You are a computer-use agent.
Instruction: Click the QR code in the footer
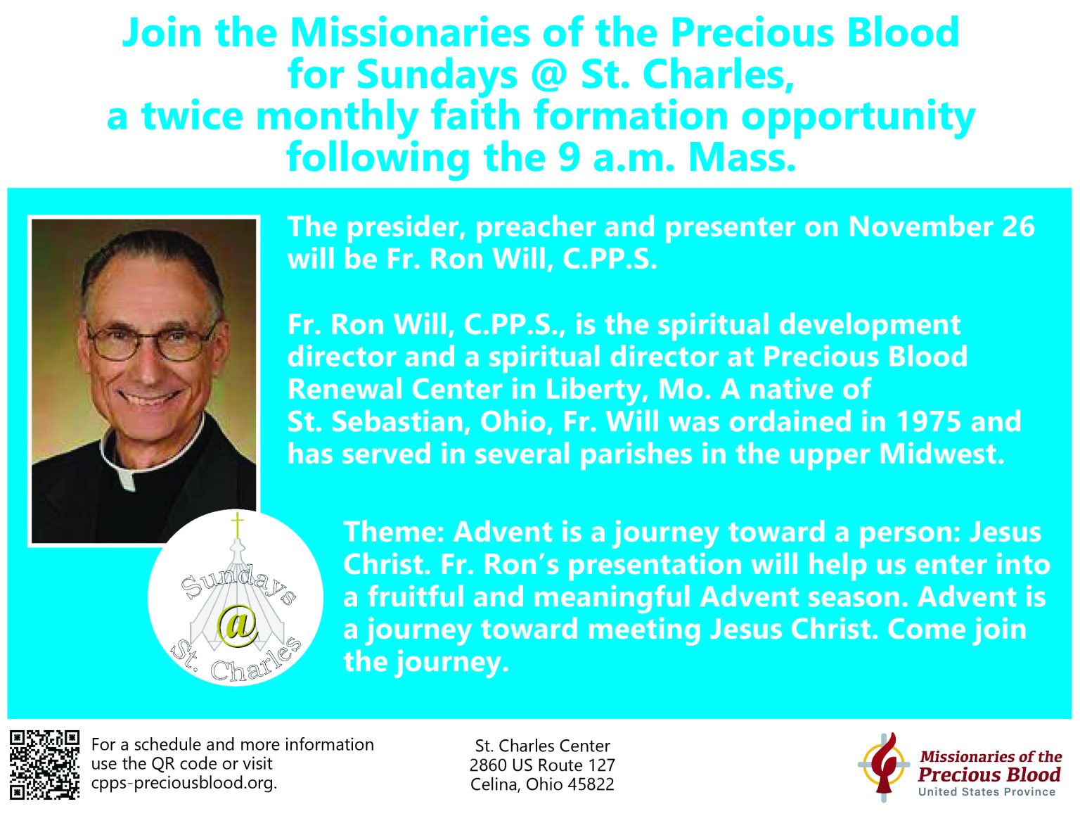pyautogui.click(x=45, y=765)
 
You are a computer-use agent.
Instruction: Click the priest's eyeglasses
pyautogui.click(x=153, y=341)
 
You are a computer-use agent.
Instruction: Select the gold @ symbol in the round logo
pyautogui.click(x=238, y=625)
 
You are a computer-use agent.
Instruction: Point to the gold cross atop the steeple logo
pyautogui.click(x=238, y=525)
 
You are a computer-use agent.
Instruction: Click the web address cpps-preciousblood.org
pyautogui.click(x=184, y=783)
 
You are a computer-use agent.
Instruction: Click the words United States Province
pyautogui.click(x=987, y=792)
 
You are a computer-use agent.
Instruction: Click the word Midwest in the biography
pyautogui.click(x=941, y=454)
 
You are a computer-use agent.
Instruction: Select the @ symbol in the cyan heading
pyautogui.click(x=550, y=75)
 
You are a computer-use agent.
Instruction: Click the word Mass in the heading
pyautogui.click(x=742, y=158)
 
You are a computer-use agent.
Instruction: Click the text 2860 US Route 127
pyautogui.click(x=542, y=765)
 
